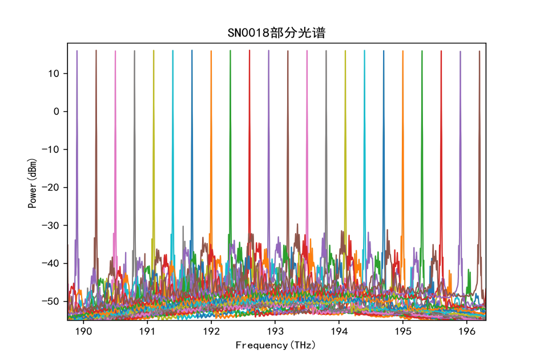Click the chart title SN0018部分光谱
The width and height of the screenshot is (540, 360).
(x=276, y=33)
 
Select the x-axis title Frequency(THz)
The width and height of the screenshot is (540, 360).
(x=276, y=345)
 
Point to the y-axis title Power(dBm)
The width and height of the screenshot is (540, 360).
(x=33, y=181)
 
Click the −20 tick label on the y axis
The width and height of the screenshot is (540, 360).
(x=53, y=187)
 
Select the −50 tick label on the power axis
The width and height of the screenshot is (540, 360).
(x=53, y=301)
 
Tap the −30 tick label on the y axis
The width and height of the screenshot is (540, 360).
(x=53, y=225)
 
